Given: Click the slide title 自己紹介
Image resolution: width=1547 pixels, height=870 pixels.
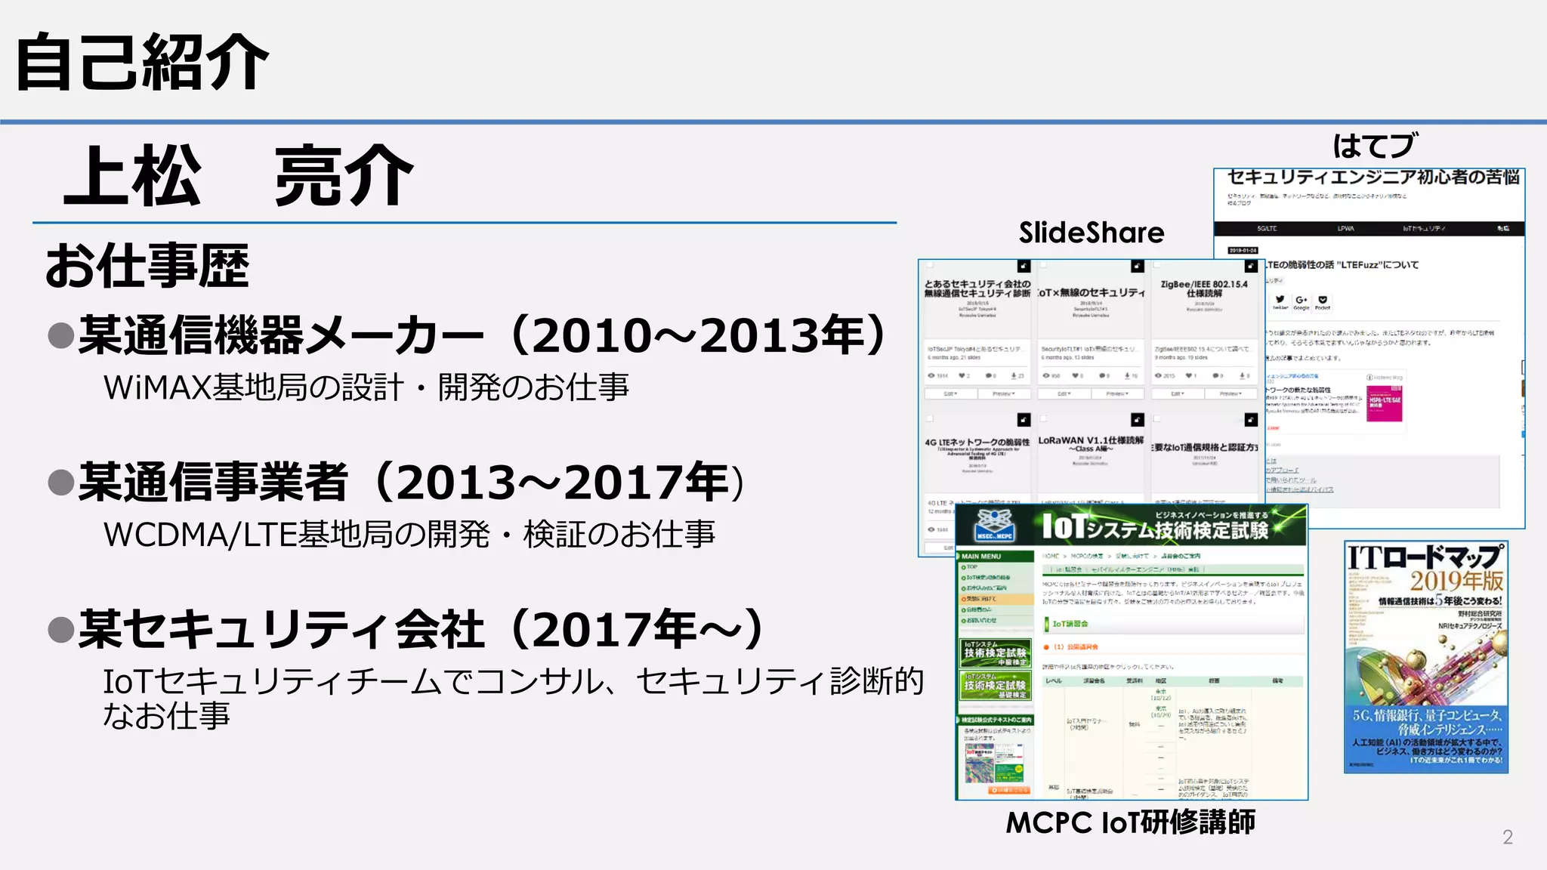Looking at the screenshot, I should click(142, 62).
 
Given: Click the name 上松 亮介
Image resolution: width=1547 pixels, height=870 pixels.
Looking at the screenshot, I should click(239, 177).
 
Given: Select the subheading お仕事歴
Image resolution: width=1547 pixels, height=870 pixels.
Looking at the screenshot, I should click(147, 266).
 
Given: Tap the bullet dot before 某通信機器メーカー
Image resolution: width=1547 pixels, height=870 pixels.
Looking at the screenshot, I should click(60, 335).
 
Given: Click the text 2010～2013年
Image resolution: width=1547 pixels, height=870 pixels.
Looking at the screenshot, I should click(695, 335).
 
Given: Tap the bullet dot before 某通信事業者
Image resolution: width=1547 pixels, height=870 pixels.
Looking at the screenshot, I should click(60, 482).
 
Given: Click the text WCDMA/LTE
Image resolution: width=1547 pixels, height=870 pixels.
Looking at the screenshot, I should click(199, 535).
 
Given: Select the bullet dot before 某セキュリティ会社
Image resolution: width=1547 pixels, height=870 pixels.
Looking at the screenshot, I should click(60, 629).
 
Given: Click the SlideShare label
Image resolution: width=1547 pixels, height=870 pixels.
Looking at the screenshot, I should click(1091, 233).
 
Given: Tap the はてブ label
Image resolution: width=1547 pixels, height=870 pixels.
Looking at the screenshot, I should click(1375, 146).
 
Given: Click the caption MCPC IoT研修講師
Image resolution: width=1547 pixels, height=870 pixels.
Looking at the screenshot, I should click(1130, 822).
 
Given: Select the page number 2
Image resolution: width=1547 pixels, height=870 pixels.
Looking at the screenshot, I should click(1507, 837).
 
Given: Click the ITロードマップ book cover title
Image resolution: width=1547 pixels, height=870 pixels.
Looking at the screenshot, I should click(1424, 558).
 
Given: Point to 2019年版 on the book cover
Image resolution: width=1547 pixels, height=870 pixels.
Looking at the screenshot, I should click(1456, 581).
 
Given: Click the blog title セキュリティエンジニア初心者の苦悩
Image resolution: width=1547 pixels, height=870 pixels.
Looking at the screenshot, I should click(1373, 177).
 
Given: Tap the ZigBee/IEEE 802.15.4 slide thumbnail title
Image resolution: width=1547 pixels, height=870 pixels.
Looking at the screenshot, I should click(1203, 288).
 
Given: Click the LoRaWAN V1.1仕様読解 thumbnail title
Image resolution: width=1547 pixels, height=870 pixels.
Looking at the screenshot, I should click(1090, 443).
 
